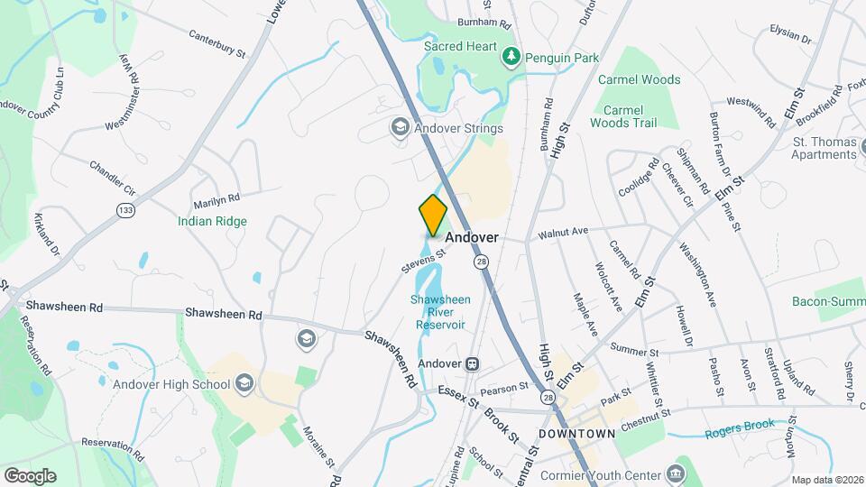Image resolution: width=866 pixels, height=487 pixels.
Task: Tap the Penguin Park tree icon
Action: click(511, 58)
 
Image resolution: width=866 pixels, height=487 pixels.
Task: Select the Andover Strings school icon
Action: click(399, 128)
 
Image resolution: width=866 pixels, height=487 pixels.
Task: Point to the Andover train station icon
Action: click(471, 363)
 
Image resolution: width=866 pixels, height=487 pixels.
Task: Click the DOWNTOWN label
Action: click(576, 434)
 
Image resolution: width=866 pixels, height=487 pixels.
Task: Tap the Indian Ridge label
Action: click(212, 221)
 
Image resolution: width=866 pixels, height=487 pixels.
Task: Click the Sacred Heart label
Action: click(461, 46)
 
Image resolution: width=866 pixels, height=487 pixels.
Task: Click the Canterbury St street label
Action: click(216, 43)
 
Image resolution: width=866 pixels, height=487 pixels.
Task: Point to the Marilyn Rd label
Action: click(221, 198)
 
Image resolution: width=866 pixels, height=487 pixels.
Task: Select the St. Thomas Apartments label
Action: click(824, 148)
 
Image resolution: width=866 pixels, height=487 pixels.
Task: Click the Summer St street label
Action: click(630, 348)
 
